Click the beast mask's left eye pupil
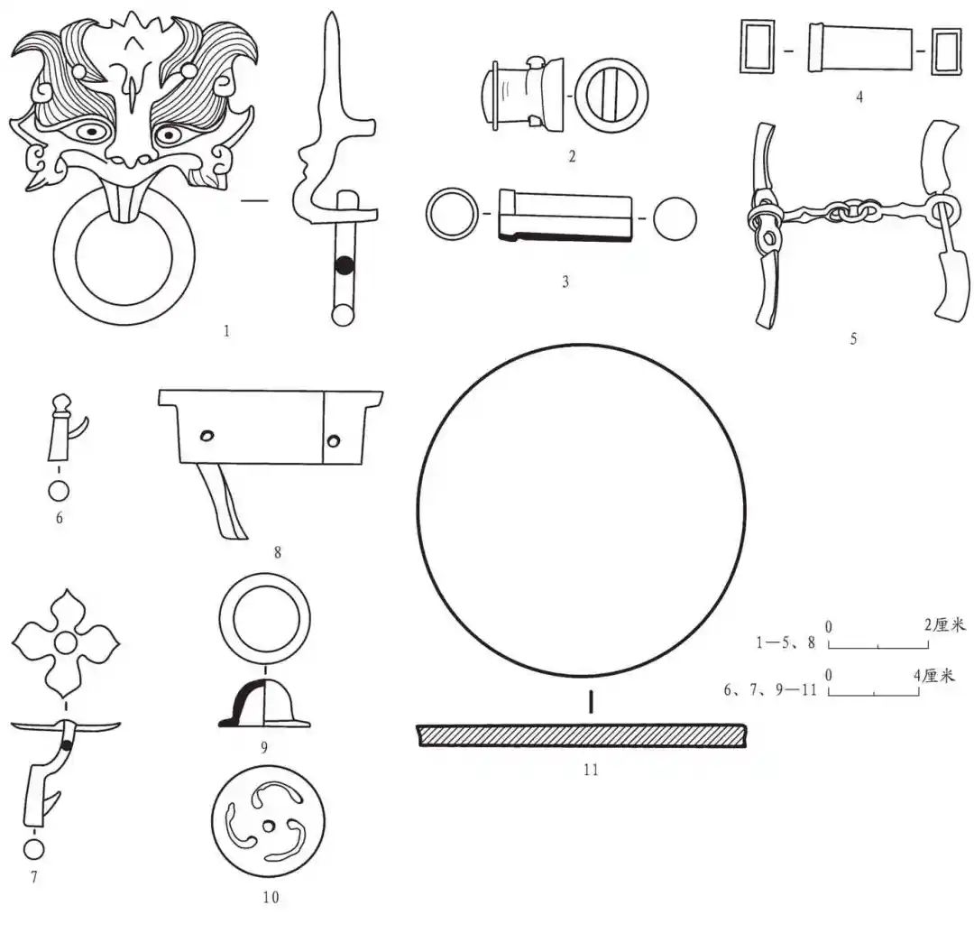click(92, 132)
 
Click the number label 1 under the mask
click(226, 330)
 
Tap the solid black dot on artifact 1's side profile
click(345, 266)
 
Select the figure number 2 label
click(572, 156)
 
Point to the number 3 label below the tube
click(565, 282)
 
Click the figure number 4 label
click(859, 97)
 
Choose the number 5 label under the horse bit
click(853, 338)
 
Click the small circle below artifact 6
click(59, 491)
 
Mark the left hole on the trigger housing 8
click(207, 436)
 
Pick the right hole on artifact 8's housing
click(334, 441)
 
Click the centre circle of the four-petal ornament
click(65, 642)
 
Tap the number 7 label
click(33, 877)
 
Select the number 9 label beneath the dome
click(264, 747)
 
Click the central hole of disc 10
click(269, 827)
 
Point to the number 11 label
click(591, 770)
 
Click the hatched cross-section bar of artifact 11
click(582, 734)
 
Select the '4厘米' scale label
click(933, 675)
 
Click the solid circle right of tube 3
click(675, 218)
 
